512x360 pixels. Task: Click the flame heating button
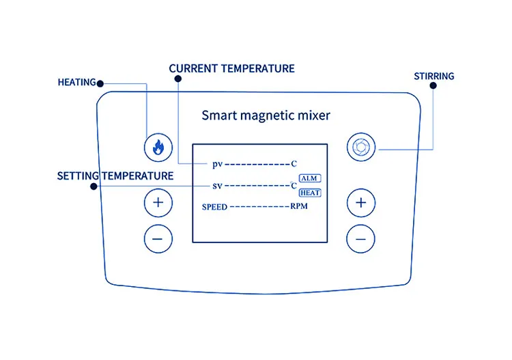tap(158, 146)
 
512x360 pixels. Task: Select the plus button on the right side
tap(361, 202)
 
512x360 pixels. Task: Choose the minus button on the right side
tap(361, 238)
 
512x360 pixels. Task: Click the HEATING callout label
tap(76, 83)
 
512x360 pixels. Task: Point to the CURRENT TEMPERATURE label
tap(231, 68)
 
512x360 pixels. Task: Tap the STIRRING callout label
tap(433, 76)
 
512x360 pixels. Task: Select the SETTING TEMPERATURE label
tap(115, 176)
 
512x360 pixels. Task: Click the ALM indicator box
tap(310, 178)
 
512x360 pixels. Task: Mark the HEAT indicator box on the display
tap(310, 193)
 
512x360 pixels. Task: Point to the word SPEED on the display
tap(214, 206)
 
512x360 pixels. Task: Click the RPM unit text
tap(299, 206)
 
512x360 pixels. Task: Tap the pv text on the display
tap(217, 164)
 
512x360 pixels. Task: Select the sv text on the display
tap(217, 185)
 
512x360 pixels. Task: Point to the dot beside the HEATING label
tap(100, 83)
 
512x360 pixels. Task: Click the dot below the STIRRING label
tap(433, 87)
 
